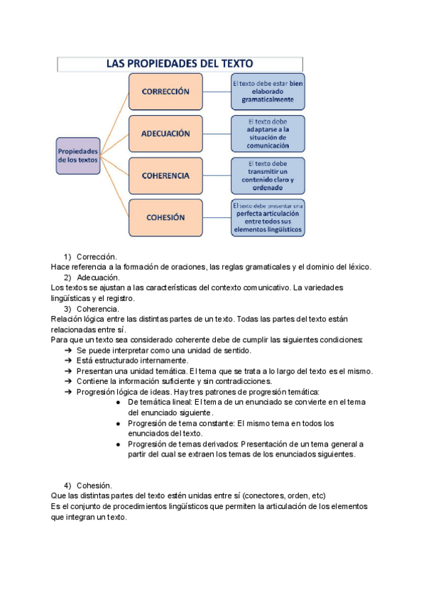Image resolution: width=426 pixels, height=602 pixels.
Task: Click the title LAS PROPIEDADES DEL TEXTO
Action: coord(180,64)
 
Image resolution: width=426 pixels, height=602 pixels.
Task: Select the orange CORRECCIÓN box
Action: coord(165,92)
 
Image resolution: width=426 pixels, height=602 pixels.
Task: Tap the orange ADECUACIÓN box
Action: coord(165,133)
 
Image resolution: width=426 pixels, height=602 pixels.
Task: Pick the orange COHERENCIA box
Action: coord(165,175)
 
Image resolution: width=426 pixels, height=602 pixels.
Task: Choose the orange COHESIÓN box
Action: coord(165,218)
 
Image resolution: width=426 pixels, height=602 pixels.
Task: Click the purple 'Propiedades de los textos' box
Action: coord(78,155)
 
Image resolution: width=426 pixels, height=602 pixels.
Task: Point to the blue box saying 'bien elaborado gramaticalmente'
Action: coord(268,92)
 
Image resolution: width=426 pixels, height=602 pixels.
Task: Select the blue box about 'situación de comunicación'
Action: coord(268,133)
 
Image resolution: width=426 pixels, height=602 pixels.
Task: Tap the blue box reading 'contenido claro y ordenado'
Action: coord(268,175)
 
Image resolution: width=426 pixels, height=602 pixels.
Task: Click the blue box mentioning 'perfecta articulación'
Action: coord(268,218)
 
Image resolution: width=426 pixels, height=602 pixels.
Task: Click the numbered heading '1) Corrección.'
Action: coord(97,257)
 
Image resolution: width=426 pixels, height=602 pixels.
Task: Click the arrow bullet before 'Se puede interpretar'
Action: coord(68,351)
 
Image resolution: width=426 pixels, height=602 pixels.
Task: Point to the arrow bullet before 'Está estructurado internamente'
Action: coord(68,361)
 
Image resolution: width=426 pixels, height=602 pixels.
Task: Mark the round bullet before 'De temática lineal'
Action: coord(119,403)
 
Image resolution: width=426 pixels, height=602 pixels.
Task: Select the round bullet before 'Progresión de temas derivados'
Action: coord(119,444)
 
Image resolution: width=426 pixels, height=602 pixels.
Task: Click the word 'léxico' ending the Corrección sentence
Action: coord(360,267)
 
